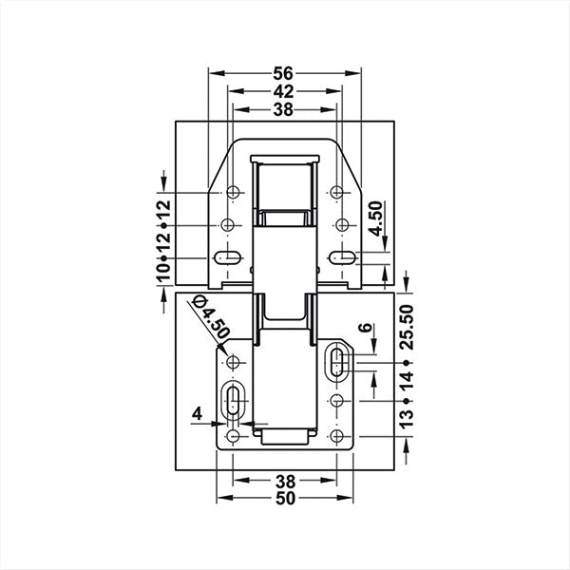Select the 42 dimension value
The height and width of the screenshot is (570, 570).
pyautogui.click(x=284, y=91)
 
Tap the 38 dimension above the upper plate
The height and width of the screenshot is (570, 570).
pyautogui.click(x=284, y=109)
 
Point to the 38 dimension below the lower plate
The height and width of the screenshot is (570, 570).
pyautogui.click(x=284, y=480)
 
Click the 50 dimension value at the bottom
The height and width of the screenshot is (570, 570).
pyautogui.click(x=284, y=500)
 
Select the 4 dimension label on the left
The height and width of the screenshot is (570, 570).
pyautogui.click(x=196, y=414)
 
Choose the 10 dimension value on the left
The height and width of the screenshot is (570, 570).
pyautogui.click(x=163, y=273)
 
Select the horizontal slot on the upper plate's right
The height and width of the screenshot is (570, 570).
pyautogui.click(x=340, y=256)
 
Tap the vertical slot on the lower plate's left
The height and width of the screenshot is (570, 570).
pyautogui.click(x=232, y=401)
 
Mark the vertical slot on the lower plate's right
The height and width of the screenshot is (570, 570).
pyautogui.click(x=337, y=361)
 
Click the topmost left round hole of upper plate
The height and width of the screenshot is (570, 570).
pyautogui.click(x=228, y=193)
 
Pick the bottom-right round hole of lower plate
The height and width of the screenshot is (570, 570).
pyautogui.click(x=337, y=435)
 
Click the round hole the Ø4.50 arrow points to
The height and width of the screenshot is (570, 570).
pyautogui.click(x=232, y=362)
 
